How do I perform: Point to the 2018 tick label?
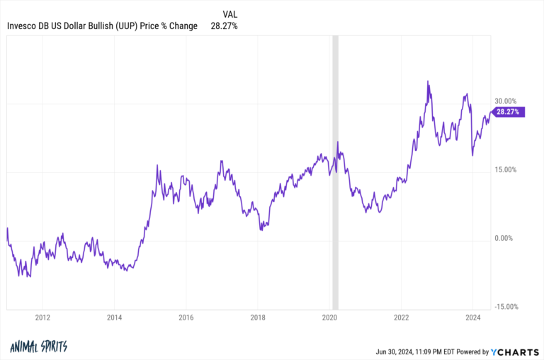click(258, 317)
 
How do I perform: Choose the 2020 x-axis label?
click(330, 317)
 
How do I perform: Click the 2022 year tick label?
click(402, 317)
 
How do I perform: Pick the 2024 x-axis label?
click(475, 317)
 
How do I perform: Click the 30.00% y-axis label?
click(506, 102)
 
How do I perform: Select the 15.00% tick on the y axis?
click(506, 170)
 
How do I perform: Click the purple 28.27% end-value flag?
click(508, 112)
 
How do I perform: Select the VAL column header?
click(230, 13)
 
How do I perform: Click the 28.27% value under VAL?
click(224, 26)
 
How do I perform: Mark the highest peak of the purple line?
click(428, 81)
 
